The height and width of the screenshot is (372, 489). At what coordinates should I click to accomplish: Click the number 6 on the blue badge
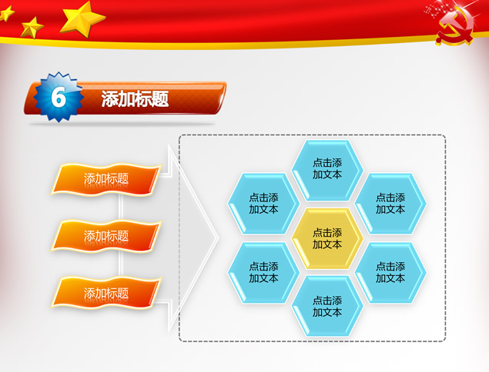coord(59,97)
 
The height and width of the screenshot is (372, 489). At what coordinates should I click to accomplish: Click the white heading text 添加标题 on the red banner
coord(135,99)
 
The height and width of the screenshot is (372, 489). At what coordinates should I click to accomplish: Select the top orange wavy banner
coord(106,179)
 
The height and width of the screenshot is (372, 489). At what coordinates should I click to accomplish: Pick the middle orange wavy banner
coord(106,236)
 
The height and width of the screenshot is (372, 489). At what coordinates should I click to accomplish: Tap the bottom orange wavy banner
coord(106,293)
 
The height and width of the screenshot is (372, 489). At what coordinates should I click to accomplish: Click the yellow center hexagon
coord(327,238)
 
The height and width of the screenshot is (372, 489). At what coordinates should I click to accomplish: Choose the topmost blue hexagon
coord(327,170)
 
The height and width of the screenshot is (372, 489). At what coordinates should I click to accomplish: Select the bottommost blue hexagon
coord(327,307)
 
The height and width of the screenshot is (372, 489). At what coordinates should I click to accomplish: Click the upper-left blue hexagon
coord(263,204)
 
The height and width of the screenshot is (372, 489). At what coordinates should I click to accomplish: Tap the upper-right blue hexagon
coord(390,204)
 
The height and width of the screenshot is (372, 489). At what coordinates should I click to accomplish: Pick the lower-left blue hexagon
coord(263,273)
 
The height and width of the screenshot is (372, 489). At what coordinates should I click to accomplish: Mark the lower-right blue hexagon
coord(390,273)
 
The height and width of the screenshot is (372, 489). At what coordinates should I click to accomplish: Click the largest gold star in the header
coord(82,18)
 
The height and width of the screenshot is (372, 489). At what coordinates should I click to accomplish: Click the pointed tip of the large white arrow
coord(218,238)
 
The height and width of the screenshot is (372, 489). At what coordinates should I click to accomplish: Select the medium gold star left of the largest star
coord(31,28)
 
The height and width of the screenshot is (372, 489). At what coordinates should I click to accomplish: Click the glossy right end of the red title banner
coord(221,97)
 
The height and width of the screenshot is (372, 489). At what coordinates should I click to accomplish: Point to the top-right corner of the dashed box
coord(444,135)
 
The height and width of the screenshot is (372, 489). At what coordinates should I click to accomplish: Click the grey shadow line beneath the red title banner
coord(122,125)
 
